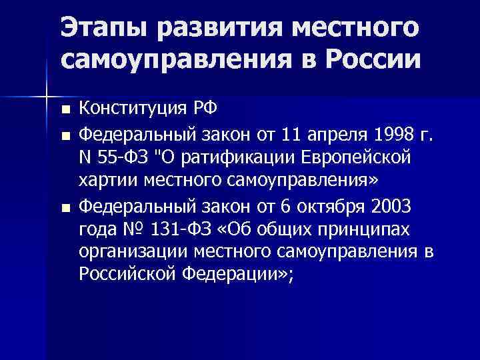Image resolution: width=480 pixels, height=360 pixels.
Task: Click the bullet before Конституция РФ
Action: click(x=64, y=109)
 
